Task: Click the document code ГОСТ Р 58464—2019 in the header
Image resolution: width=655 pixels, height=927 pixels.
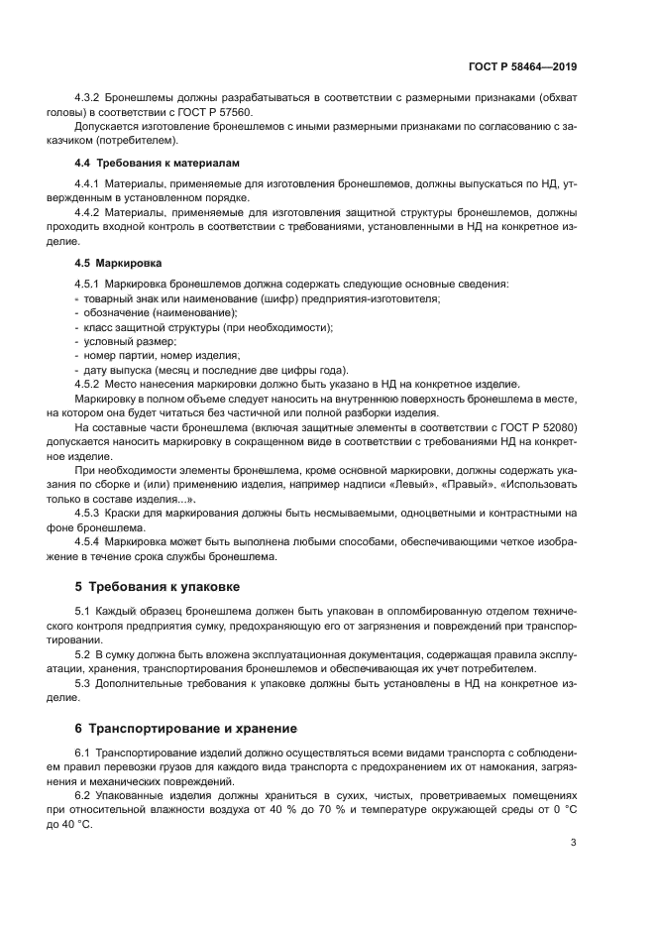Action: (522, 67)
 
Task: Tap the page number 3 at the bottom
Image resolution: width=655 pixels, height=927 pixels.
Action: (574, 843)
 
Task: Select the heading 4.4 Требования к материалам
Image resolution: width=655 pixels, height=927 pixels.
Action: (158, 162)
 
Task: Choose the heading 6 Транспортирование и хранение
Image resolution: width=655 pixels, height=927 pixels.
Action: (176, 728)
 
